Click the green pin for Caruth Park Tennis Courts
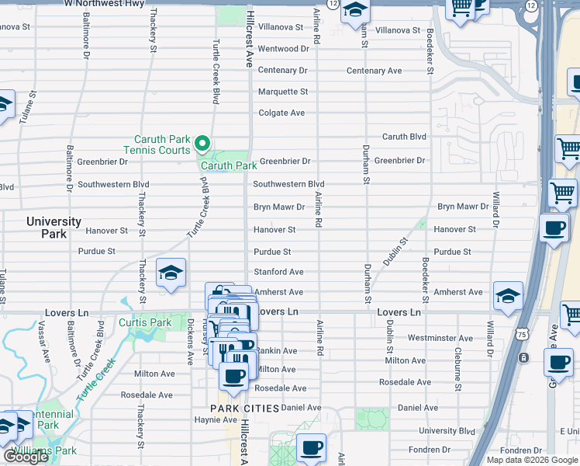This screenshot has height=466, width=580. click(x=202, y=143)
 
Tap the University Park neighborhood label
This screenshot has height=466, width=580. click(x=54, y=228)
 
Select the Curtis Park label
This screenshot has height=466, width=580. click(x=145, y=322)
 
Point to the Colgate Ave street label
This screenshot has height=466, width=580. click(x=281, y=113)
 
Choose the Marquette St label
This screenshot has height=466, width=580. click(x=283, y=92)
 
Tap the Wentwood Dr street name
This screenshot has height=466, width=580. click(x=283, y=49)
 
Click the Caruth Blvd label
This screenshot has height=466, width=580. click(x=404, y=137)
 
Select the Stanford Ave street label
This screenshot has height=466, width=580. click(x=278, y=273)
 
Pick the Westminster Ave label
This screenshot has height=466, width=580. click(x=440, y=339)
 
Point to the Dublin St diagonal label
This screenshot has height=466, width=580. click(x=395, y=252)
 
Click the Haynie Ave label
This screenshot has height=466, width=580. click(x=209, y=420)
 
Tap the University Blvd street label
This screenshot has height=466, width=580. click(x=447, y=431)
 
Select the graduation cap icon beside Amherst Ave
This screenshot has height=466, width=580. click(x=508, y=295)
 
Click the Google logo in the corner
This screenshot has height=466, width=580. click(x=26, y=457)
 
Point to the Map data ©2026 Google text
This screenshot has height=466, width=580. click(x=532, y=460)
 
